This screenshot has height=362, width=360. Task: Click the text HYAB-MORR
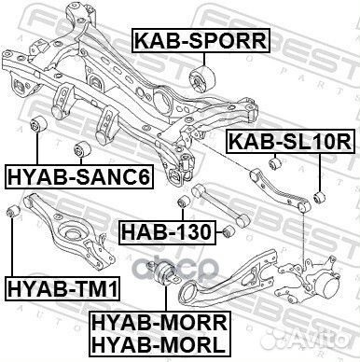[x=159, y=322]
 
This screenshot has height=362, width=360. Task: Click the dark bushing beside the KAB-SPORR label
[x=202, y=76]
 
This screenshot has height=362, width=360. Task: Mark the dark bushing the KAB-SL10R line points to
[x=319, y=196]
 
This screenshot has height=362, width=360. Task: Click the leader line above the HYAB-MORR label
[x=166, y=299]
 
